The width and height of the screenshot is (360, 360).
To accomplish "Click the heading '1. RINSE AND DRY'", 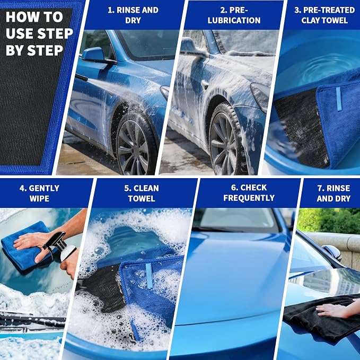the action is click(133, 15).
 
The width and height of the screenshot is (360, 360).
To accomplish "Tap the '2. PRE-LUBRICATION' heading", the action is click(234, 15).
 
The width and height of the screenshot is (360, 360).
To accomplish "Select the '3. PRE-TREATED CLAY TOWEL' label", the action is click(324, 15).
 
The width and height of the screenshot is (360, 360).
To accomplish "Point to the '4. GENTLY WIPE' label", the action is click(39, 194).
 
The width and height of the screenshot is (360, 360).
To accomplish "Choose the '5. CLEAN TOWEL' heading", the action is click(142, 194).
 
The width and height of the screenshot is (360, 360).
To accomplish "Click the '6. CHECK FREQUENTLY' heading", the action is click(249, 192).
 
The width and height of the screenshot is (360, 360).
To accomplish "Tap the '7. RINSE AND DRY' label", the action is click(333, 194).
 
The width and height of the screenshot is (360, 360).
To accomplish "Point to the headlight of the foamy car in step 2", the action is click(260, 96).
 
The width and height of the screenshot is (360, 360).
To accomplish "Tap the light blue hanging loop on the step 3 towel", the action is click(339, 99).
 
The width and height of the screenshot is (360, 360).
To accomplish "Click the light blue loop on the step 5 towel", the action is click(149, 276).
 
